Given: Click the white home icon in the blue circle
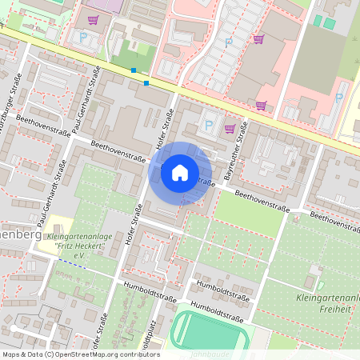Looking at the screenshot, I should (x=179, y=172).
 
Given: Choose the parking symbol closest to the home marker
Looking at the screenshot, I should (x=210, y=124).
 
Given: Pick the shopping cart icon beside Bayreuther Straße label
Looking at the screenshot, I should (x=230, y=128).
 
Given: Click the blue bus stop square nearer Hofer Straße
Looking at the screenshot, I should (x=146, y=82).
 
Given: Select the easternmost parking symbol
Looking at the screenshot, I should (x=338, y=98).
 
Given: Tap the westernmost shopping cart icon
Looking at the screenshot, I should (x=93, y=19).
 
